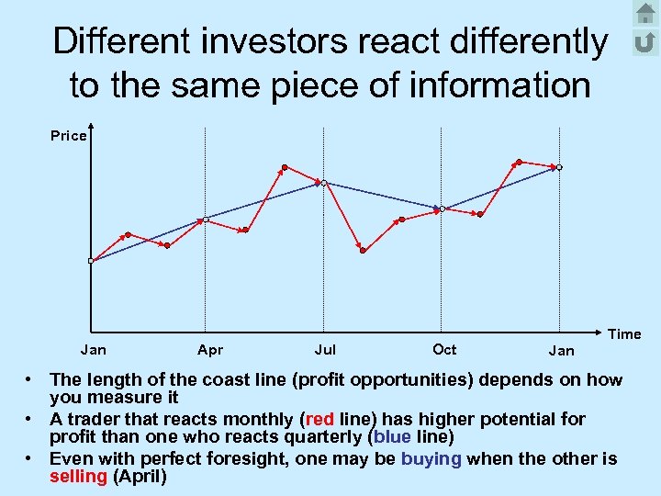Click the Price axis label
68,136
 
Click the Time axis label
624,334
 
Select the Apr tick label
209,350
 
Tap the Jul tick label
325,350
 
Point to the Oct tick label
444,349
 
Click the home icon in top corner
645,14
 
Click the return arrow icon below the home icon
645,42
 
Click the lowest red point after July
363,250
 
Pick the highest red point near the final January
519,162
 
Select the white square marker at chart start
91,262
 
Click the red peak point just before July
284,167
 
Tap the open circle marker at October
442,209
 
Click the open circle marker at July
323,183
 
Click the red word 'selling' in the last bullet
78,478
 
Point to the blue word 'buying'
431,458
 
